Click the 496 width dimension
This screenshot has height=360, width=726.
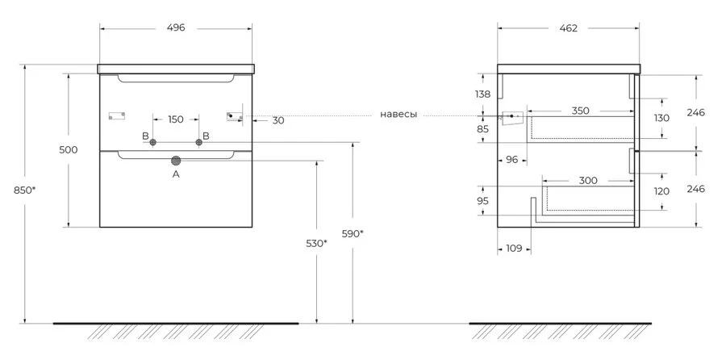[x=176, y=27]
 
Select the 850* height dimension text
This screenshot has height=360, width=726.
[x=24, y=190]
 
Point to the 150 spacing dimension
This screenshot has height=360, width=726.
[x=175, y=119]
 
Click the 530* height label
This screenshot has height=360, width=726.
[x=317, y=243]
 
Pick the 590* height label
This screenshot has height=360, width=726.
[x=353, y=234]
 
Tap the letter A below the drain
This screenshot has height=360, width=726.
[x=176, y=174]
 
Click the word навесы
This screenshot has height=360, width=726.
[x=398, y=115]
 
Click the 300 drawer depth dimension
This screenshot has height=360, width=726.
[x=588, y=180]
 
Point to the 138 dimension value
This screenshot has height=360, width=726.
[x=482, y=94]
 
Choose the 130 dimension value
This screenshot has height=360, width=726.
[x=661, y=118]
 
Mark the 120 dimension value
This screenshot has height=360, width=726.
[x=661, y=192]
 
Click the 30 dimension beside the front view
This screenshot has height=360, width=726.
[x=277, y=120]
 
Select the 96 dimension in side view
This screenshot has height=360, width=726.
[x=511, y=159]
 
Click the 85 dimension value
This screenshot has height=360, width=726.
[x=482, y=128]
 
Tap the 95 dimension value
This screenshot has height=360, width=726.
[x=482, y=200]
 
